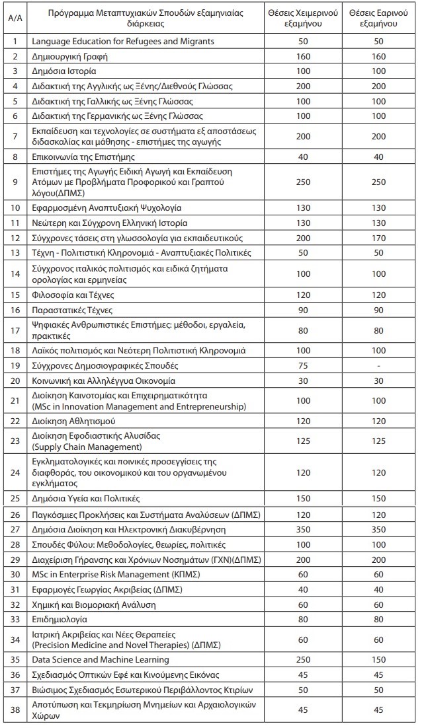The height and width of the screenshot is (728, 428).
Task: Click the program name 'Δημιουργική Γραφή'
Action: tap(69, 56)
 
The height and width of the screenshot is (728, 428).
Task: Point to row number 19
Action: tap(14, 365)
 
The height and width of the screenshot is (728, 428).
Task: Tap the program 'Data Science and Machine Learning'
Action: tap(101, 659)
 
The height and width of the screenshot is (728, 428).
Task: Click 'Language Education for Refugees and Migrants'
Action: tap(123, 42)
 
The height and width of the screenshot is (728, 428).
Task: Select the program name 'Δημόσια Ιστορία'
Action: tap(64, 71)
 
